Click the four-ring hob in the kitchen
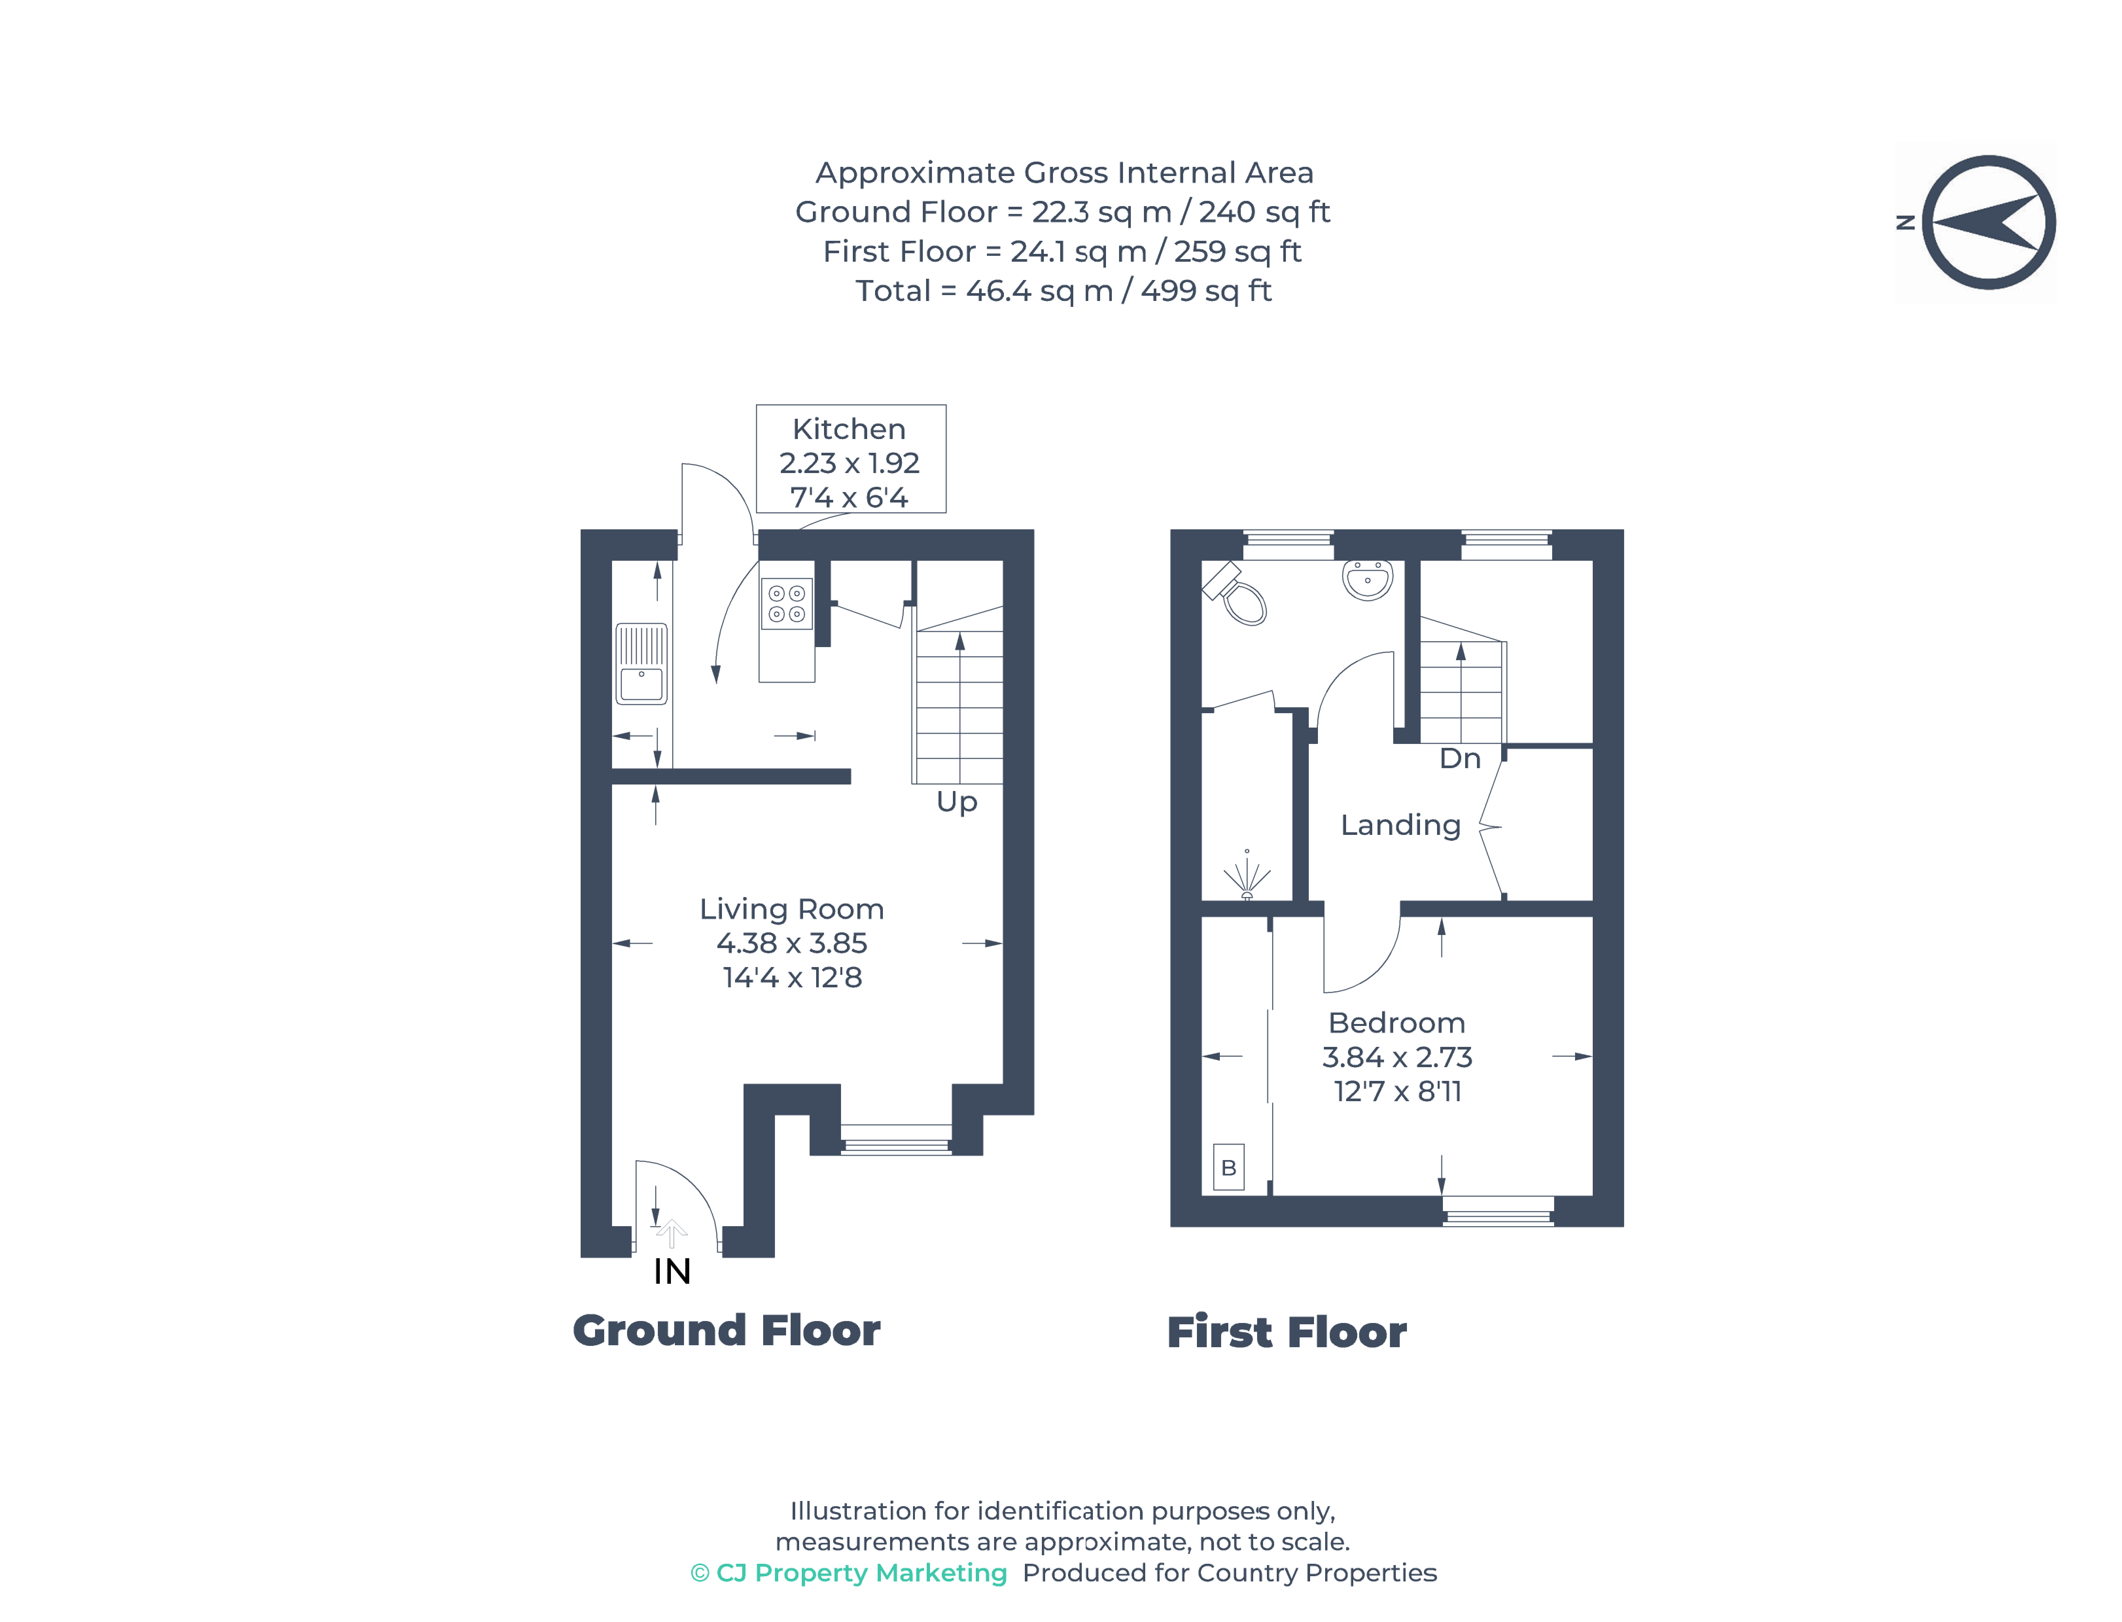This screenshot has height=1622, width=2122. click(x=786, y=603)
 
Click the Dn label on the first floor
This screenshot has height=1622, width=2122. click(x=1459, y=759)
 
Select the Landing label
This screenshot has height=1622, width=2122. click(x=1400, y=825)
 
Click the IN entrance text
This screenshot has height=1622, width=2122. click(x=672, y=1272)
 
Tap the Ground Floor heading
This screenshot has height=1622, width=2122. click(x=726, y=1331)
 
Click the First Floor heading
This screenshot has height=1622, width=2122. click(x=1286, y=1332)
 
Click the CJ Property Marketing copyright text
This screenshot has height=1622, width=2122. click(x=849, y=1573)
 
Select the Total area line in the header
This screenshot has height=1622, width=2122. click(x=1063, y=291)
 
